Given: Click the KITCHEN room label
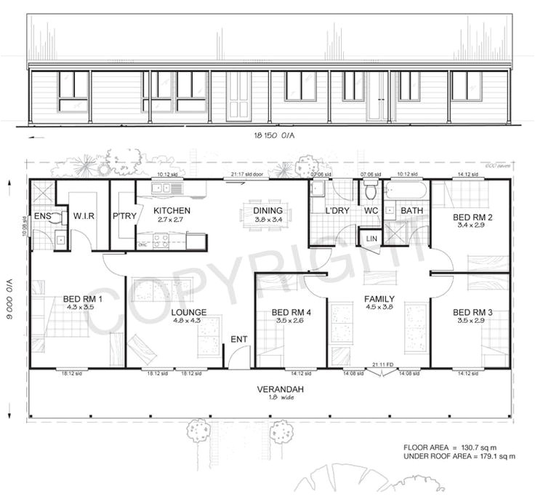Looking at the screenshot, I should [172, 210].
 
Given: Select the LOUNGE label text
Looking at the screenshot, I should [189, 313].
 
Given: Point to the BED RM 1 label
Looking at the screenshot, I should [83, 299].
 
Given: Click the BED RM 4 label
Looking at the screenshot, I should [291, 313].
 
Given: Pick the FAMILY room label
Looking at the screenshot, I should [379, 299].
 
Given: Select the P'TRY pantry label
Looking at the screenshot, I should [122, 215].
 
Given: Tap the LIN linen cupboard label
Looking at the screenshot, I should [370, 238].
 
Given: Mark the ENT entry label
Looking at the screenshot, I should [238, 339].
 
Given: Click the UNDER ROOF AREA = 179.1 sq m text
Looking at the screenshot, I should [459, 456].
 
